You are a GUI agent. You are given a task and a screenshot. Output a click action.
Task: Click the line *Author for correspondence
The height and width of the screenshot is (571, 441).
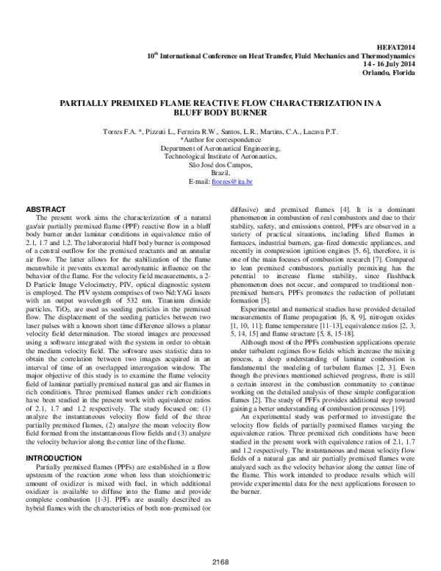(220, 139)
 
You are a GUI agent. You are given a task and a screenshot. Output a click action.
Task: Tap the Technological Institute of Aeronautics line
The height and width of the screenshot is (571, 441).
(220, 156)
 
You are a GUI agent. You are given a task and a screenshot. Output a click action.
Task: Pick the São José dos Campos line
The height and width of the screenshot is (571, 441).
(220, 165)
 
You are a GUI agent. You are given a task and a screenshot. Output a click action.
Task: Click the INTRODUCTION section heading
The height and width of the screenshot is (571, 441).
(54, 437)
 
